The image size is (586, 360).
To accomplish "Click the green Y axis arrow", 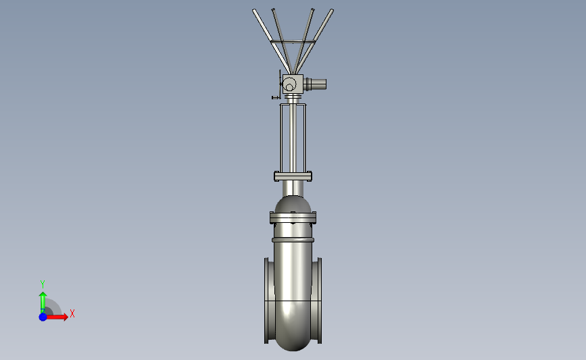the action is pos(43,302).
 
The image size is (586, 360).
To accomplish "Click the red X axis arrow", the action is pos(56,317).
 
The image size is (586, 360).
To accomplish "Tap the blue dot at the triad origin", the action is pos(43,317).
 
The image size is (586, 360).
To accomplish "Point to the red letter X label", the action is pos(72,313).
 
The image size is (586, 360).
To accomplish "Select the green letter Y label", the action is pos(42,284).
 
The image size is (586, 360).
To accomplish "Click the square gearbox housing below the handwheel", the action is pos(293,84).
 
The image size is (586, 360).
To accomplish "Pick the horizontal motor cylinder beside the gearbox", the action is pos(315,84).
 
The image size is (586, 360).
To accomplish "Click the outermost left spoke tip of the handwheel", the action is pos(254,10).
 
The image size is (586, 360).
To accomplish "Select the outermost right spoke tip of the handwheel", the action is pos(332,10).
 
